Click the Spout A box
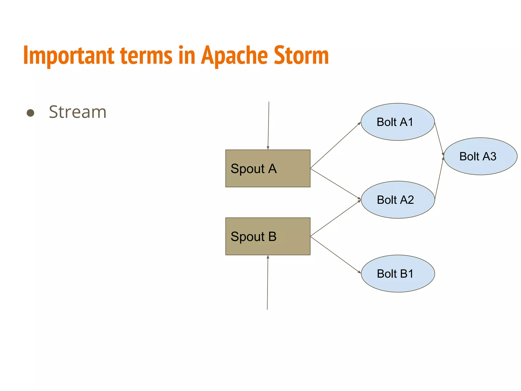coord(268,169)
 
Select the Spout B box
coord(268,236)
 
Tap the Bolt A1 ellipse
coord(397,122)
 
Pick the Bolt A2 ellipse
coord(398,200)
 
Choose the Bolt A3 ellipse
coord(480,156)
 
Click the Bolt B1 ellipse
coord(398,274)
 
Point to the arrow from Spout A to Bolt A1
coord(335,145)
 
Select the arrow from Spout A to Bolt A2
coord(335,184)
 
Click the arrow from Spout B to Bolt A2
coord(335,218)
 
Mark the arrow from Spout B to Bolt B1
coord(335,255)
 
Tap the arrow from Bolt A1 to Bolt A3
coord(439,138)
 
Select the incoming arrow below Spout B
coord(268,283)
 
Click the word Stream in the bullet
coord(78,112)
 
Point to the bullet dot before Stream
coord(31,113)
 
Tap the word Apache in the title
coord(234,55)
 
